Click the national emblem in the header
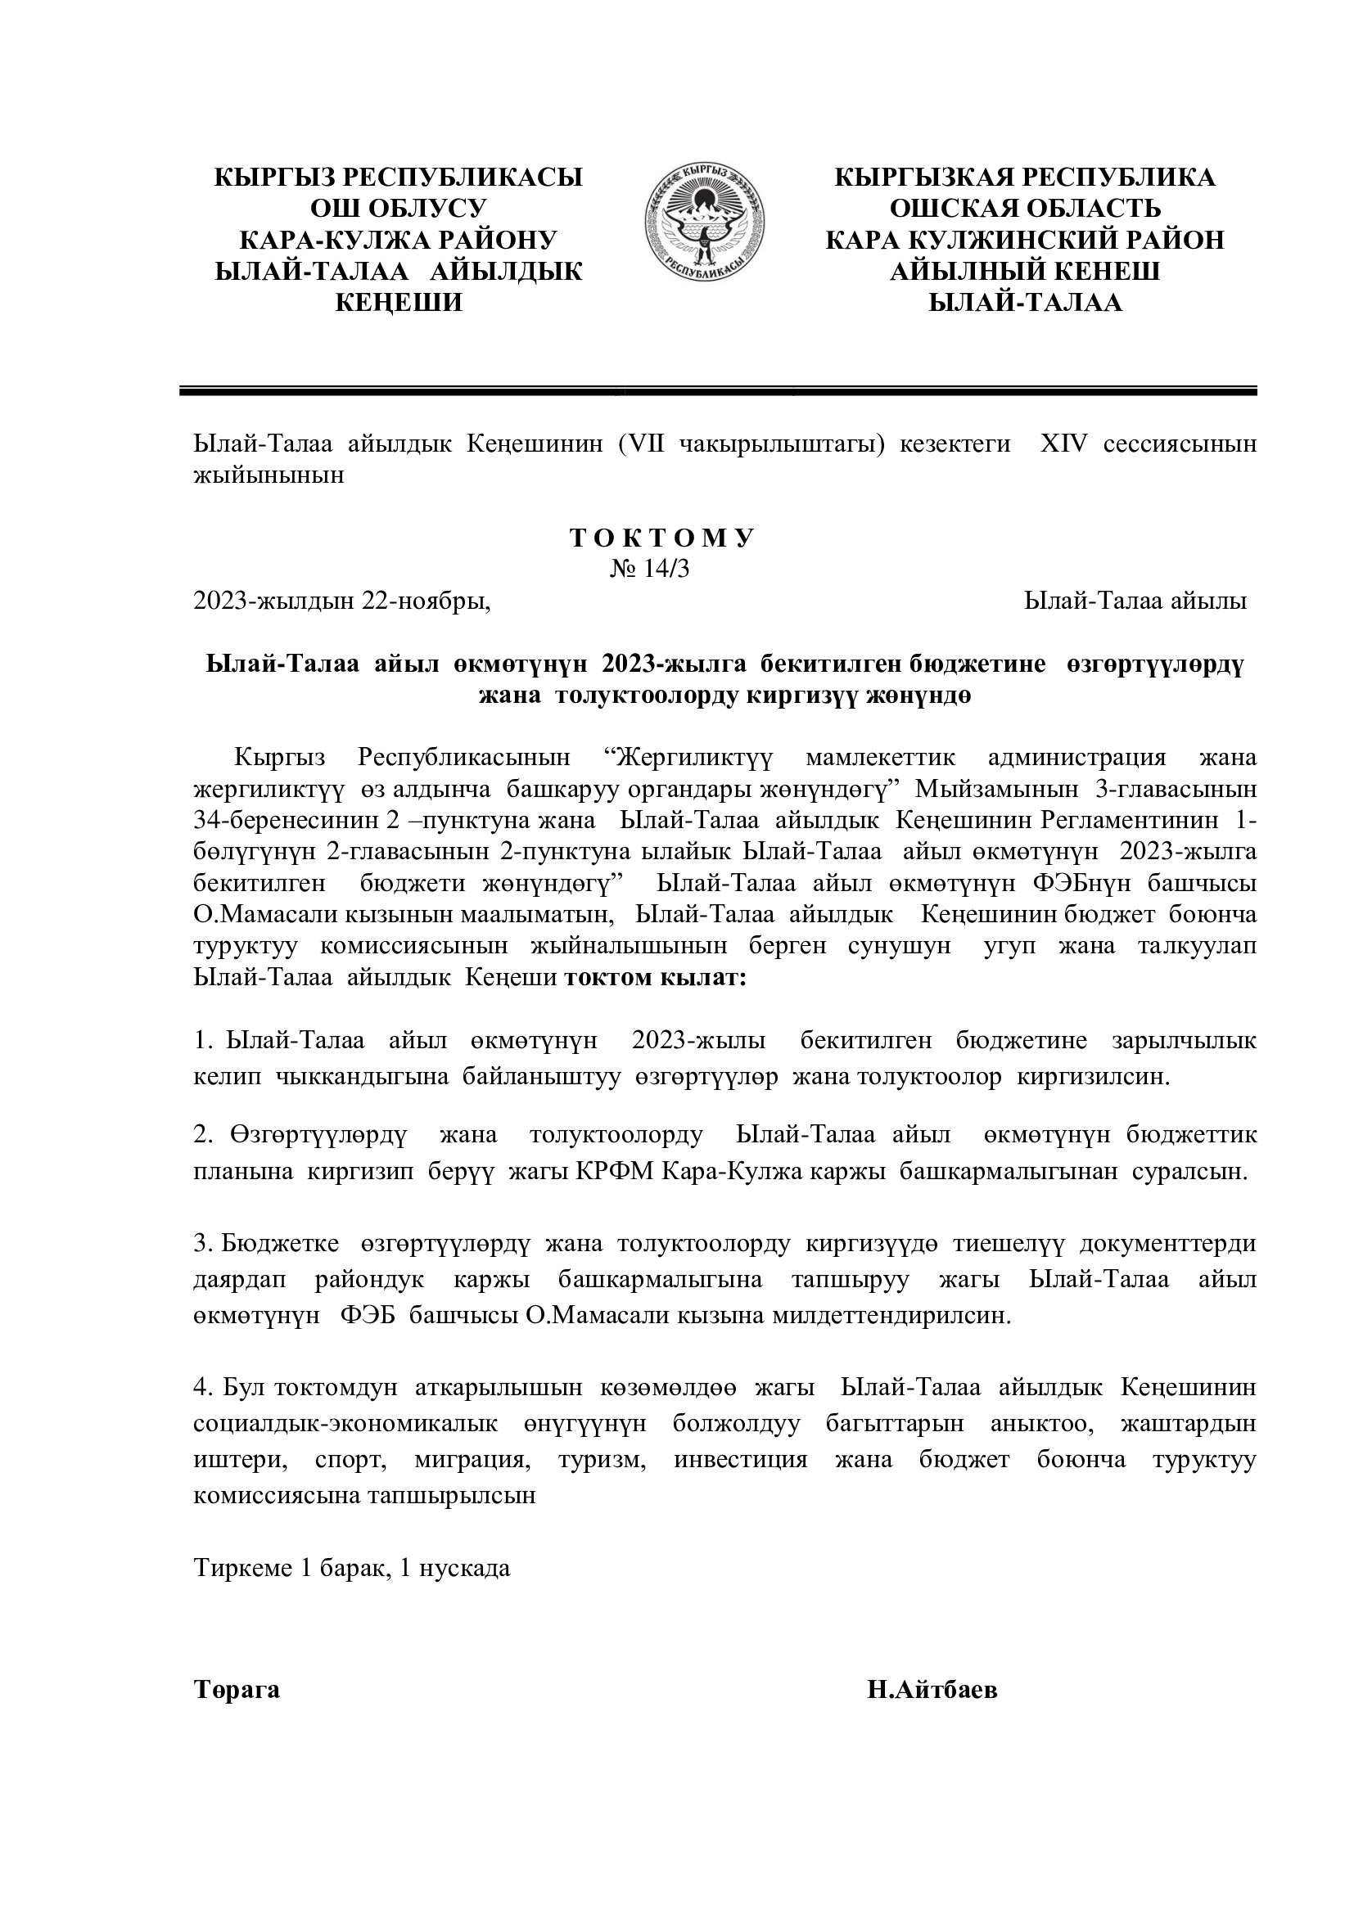tap(705, 223)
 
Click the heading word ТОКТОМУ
tap(662, 538)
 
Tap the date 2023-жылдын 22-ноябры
tap(342, 601)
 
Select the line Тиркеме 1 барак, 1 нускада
tap(351, 1568)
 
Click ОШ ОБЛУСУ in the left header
tap(399, 209)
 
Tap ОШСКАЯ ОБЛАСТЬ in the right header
tap(1025, 209)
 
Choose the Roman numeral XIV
tap(1063, 444)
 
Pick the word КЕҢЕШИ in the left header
tap(399, 303)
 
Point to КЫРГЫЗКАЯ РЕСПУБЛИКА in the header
tap(1025, 178)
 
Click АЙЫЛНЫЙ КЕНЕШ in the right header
tap(1025, 271)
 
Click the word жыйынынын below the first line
tap(269, 476)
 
